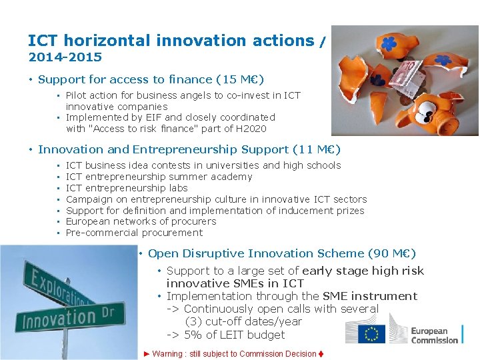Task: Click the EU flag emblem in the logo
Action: click(x=371, y=333)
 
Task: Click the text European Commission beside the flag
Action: click(x=434, y=335)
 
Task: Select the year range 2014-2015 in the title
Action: click(x=65, y=57)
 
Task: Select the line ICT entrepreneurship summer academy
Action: click(x=159, y=177)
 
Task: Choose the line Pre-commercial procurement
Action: click(x=134, y=233)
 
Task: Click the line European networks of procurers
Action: click(x=141, y=221)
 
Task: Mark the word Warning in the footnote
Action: click(x=167, y=354)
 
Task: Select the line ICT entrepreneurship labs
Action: click(x=127, y=188)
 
